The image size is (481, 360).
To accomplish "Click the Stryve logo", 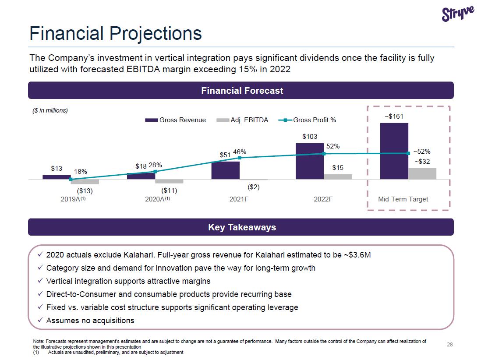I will point(458,14).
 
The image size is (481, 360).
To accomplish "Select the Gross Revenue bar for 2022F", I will point(310,161).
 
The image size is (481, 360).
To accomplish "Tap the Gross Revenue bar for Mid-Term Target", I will point(394,151).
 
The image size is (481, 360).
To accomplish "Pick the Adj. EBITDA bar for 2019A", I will point(85,182).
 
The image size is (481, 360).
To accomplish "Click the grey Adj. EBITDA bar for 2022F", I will point(338,176).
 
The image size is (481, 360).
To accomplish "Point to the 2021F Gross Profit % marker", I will point(240,158).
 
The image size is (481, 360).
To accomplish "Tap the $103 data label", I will point(310,137).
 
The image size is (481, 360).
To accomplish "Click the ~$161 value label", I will point(394,116).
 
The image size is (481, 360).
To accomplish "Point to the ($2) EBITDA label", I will point(254,187).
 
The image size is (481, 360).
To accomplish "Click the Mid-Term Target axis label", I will point(403,199).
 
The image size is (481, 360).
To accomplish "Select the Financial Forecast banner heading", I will point(242,91).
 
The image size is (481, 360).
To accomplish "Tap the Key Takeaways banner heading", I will point(242,227).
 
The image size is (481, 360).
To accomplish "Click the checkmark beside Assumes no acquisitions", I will point(40,320).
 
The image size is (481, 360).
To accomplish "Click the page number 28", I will point(449,345).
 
